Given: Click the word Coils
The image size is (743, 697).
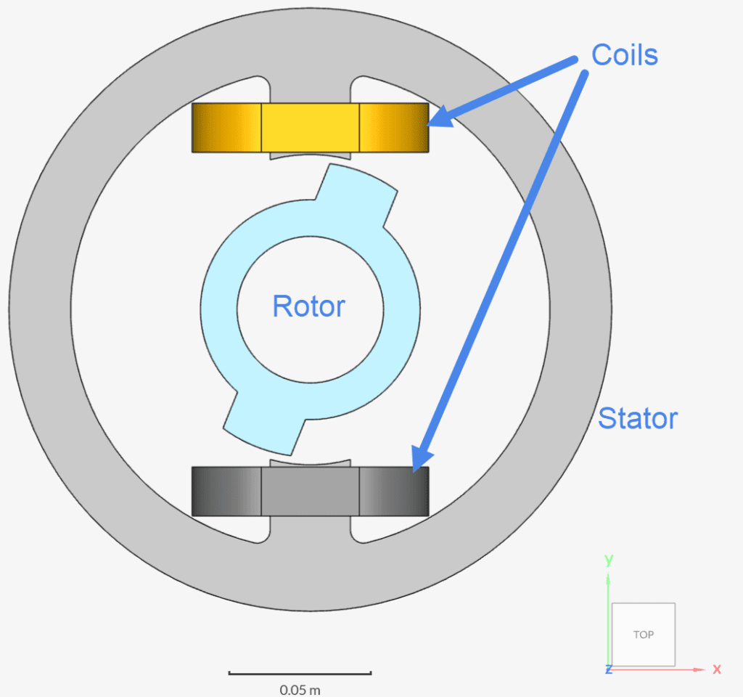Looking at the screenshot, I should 624,54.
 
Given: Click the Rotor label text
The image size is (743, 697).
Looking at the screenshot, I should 308,306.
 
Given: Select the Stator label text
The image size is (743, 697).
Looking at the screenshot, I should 638,418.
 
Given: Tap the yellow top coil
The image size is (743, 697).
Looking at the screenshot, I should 310,127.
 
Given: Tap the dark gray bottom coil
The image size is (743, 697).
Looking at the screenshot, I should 310,492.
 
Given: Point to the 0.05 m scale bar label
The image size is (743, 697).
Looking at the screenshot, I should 300,689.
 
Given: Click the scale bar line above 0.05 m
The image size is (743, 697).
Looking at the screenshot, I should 300,673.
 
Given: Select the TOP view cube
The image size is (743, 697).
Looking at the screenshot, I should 644,635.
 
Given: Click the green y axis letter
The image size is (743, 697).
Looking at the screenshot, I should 609,559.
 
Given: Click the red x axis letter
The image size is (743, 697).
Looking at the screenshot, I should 717,669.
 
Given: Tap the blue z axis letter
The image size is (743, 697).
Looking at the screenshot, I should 608,669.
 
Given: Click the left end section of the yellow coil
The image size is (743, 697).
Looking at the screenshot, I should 226,127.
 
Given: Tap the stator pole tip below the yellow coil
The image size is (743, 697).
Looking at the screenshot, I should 310,155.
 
